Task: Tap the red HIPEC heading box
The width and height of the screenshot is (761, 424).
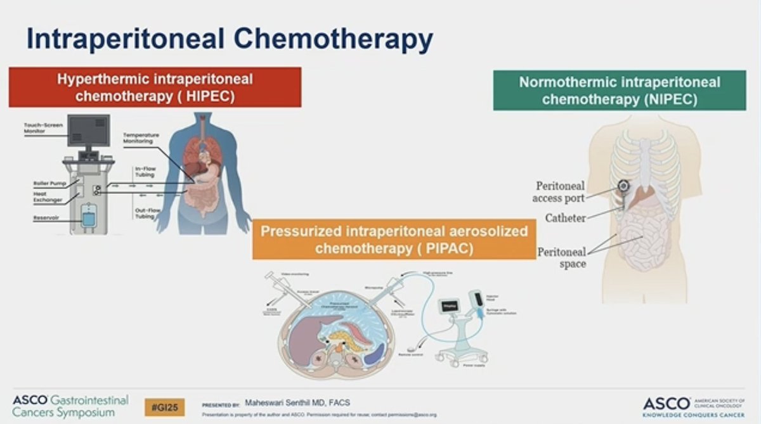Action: coord(155,87)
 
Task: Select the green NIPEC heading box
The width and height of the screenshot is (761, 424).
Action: coord(619,91)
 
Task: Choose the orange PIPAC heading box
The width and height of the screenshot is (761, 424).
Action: coord(394,240)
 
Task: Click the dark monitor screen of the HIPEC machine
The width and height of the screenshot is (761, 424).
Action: coord(88,131)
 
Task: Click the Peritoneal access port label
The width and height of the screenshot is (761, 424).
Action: coord(560,191)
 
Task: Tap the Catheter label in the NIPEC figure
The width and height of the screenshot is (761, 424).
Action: coord(565,218)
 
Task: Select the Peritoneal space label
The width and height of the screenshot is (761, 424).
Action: coord(561,257)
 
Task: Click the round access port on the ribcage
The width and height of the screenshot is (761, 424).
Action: coord(623,186)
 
